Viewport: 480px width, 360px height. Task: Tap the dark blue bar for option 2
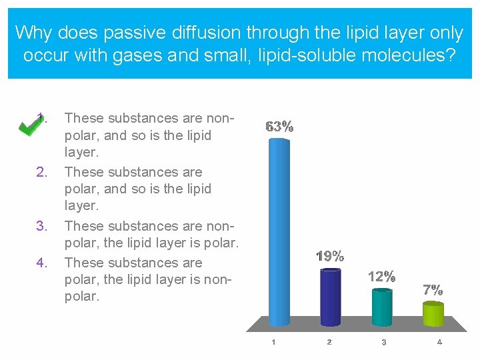(330, 297)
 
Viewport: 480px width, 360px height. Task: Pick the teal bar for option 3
(381, 307)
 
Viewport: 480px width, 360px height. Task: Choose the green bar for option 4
(433, 314)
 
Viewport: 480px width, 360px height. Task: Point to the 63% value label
(279, 127)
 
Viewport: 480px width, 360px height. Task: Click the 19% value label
(330, 256)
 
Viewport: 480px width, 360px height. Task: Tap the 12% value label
(381, 276)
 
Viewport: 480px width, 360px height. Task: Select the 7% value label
(433, 289)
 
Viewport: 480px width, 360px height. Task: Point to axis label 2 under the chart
(329, 342)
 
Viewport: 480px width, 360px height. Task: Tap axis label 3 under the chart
(384, 342)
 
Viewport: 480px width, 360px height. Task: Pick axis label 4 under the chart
(439, 342)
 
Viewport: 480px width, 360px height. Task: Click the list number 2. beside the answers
(41, 172)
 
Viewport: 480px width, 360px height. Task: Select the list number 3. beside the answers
(41, 226)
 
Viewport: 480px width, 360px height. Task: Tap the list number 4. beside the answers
(41, 263)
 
